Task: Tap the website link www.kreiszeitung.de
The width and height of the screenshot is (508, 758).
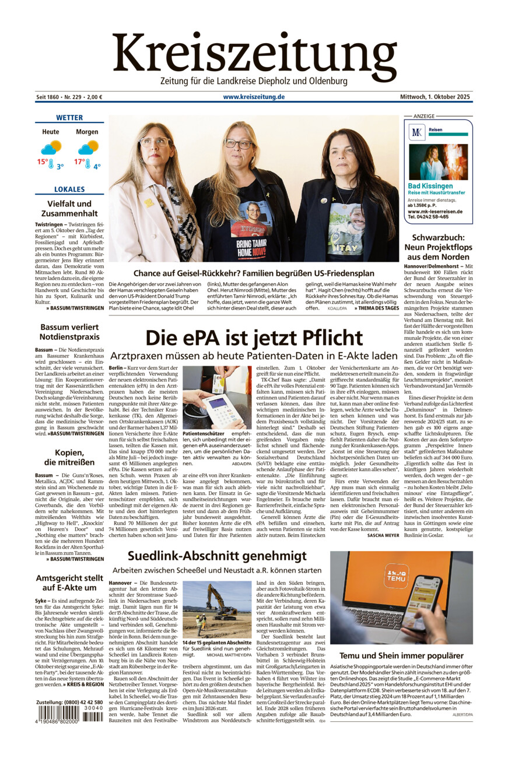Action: click(x=254, y=97)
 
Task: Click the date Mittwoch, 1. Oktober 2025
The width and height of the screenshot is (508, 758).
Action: click(x=435, y=97)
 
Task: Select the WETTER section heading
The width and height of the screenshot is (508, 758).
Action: click(x=69, y=117)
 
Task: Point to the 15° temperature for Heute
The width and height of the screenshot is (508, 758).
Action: click(x=43, y=162)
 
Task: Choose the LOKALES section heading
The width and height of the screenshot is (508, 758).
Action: click(x=69, y=189)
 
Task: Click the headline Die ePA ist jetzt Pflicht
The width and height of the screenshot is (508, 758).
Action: click(x=254, y=338)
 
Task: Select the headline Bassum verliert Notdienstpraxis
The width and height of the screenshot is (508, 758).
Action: click(x=69, y=332)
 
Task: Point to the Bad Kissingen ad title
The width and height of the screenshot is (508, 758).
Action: click(x=430, y=186)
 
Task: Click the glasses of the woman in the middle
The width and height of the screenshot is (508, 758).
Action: click(x=238, y=144)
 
